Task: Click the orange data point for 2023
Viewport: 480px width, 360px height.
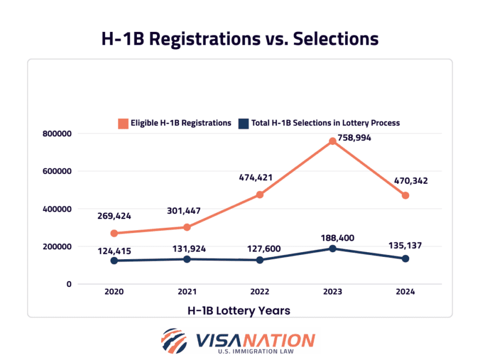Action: click(x=332, y=141)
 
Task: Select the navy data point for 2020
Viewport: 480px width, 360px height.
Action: click(x=114, y=261)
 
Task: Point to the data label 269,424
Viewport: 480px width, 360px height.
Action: click(x=114, y=216)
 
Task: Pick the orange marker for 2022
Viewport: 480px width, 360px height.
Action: click(x=260, y=195)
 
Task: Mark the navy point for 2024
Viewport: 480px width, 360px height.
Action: click(x=405, y=259)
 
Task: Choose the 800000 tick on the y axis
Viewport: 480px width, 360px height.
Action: click(x=57, y=134)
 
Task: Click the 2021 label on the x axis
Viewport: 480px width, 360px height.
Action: click(x=187, y=292)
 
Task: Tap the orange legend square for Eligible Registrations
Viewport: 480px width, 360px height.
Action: click(x=122, y=123)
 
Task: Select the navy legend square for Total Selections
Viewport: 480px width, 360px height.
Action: click(x=244, y=123)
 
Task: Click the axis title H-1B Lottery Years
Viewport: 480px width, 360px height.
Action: click(x=239, y=311)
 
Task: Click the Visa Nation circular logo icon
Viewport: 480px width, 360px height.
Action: click(x=174, y=341)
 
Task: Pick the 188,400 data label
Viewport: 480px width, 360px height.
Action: click(x=332, y=238)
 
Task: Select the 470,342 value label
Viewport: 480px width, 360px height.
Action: click(x=406, y=181)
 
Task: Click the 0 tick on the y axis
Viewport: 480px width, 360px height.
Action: click(x=68, y=284)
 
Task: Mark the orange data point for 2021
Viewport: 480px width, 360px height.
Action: click(x=187, y=227)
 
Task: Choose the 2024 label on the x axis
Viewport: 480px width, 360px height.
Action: click(x=405, y=292)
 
